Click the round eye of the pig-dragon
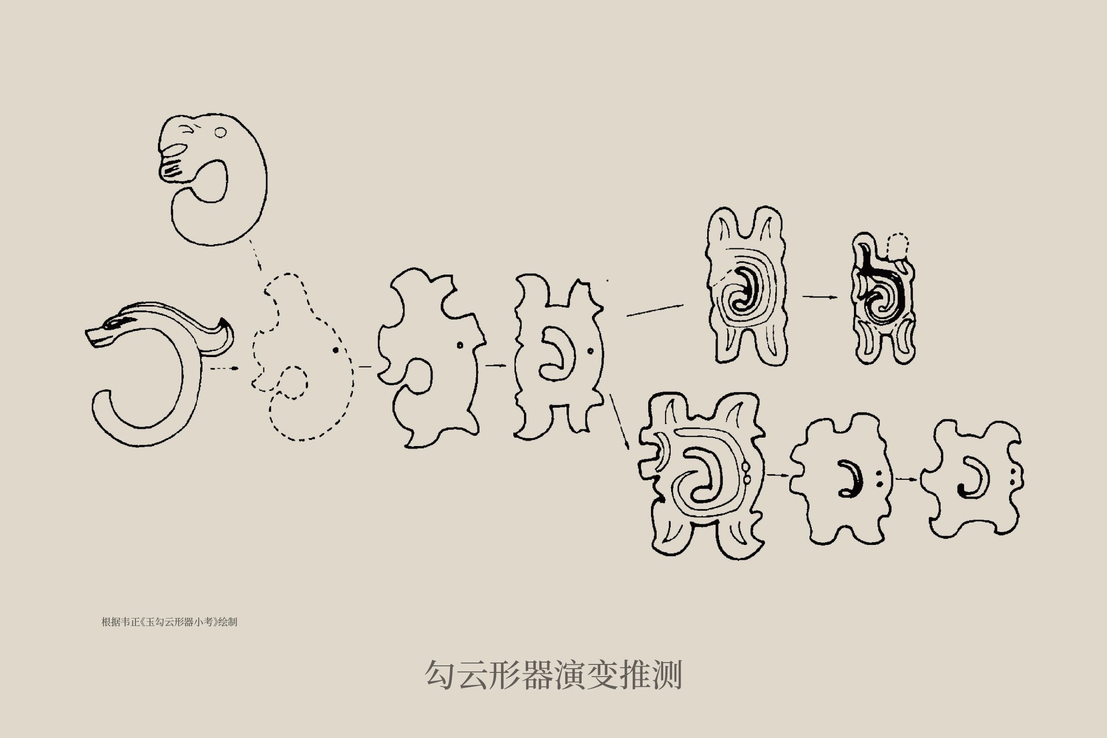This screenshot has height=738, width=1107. (220, 132)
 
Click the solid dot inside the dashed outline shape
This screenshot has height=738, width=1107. (336, 350)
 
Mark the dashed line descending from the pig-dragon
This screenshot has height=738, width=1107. (254, 254)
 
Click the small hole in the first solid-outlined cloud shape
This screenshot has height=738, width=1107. (460, 345)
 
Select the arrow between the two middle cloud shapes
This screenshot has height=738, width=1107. (496, 365)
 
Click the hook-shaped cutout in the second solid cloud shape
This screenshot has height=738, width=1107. (558, 353)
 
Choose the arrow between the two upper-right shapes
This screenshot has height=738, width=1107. (820, 297)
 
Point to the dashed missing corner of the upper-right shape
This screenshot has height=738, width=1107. (898, 246)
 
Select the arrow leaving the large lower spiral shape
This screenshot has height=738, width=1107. (778, 475)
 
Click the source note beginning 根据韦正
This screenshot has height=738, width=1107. (170, 622)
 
